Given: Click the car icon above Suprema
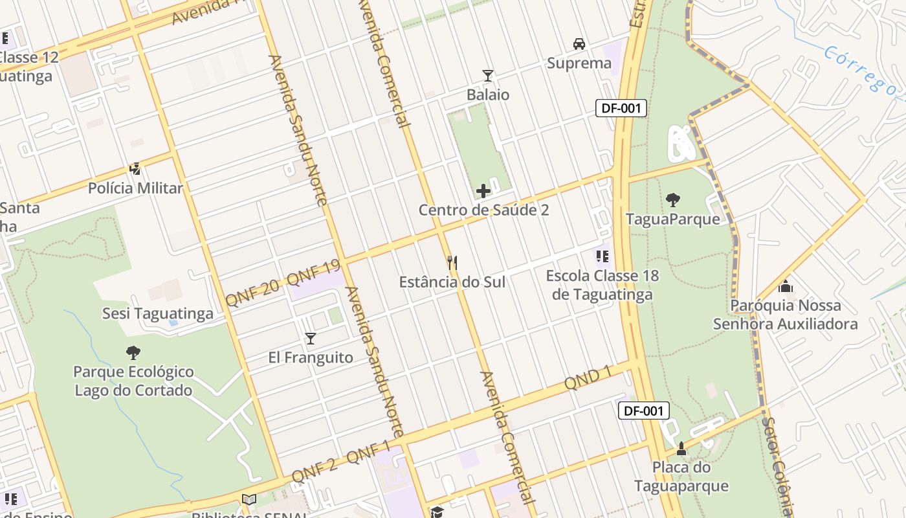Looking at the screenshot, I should [x=579, y=44].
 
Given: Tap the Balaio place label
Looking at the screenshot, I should [x=488, y=95].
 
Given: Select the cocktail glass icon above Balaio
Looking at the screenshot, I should [x=488, y=76].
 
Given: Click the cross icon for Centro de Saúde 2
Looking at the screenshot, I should [x=483, y=191].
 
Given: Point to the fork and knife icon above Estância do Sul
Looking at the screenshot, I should [x=452, y=262].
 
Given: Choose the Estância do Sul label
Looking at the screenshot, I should [x=452, y=282].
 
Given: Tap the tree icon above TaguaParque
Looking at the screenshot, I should [x=673, y=200].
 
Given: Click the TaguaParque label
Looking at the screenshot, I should [x=673, y=219].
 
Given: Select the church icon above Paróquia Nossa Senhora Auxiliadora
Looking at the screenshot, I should [x=786, y=286].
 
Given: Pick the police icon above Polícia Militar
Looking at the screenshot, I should [x=135, y=169].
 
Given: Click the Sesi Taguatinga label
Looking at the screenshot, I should [x=158, y=314].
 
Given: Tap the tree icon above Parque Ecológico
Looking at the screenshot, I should [x=133, y=353].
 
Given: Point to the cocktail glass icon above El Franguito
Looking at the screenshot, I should [x=311, y=338].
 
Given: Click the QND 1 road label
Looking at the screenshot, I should [x=588, y=377].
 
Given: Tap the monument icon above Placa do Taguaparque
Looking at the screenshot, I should [x=681, y=448].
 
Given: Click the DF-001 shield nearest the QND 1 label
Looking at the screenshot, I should [x=643, y=411].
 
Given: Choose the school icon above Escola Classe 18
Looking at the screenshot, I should [x=602, y=257].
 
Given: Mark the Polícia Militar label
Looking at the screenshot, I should [x=135, y=188].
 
